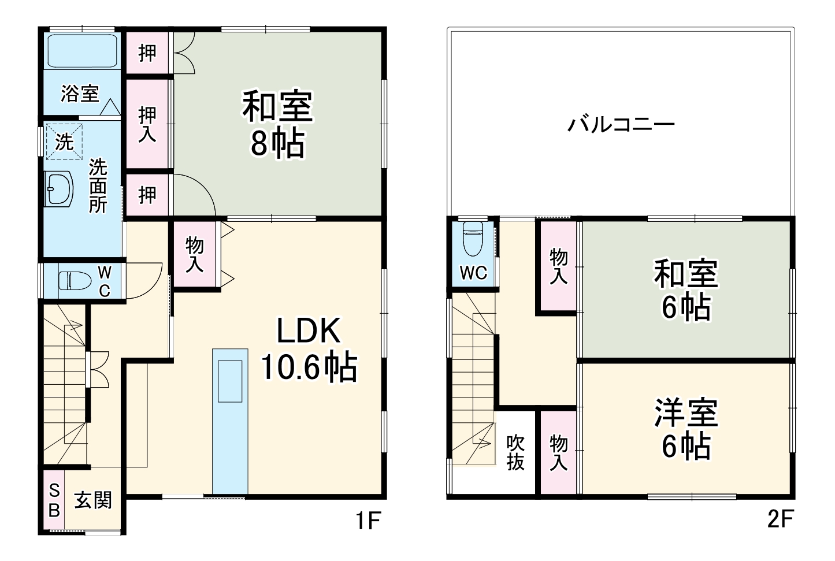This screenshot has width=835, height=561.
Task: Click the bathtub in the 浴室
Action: (82, 51)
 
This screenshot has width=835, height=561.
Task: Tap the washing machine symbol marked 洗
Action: (64, 142)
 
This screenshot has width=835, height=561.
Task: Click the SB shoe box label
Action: (54, 500)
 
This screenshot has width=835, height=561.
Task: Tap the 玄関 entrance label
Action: (93, 500)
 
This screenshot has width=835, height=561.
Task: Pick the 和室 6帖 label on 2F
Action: (686, 289)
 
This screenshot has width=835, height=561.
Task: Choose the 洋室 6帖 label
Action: (686, 428)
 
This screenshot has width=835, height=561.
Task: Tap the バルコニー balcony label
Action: (621, 124)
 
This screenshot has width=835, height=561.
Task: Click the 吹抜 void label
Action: (515, 452)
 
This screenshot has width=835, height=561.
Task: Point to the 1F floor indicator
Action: (366, 522)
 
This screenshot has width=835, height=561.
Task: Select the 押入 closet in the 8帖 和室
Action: (148, 124)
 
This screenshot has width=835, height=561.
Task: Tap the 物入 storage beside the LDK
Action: (195, 255)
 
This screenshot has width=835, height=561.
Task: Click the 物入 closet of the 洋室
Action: (558, 452)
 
